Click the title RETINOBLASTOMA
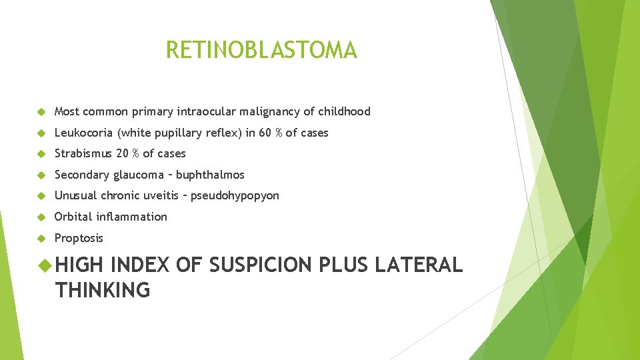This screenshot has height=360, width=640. coord(261,50)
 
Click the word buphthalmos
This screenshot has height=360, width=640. coord(210,175)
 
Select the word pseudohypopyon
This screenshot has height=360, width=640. coord(235,196)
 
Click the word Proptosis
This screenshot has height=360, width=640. coord(79,238)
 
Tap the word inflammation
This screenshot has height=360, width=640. coord(131,217)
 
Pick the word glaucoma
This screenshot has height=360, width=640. coord(137,175)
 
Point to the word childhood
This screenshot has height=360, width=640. coord(344,111)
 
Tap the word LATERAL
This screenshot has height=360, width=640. coord(418,265)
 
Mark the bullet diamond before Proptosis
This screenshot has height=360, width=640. coord(41,238)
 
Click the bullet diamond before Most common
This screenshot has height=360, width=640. coord(41,111)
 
